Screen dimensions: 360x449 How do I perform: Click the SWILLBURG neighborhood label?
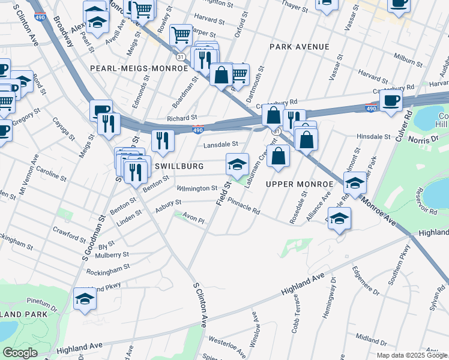[x=179, y=166]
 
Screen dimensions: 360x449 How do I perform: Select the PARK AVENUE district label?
[x=299, y=47]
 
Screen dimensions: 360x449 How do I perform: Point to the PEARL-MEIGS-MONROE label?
[x=139, y=68]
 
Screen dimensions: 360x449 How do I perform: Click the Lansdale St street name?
[x=221, y=144]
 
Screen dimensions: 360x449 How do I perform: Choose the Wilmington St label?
[x=197, y=188]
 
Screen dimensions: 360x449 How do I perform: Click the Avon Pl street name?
[x=194, y=220]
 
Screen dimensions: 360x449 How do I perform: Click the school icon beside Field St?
[x=237, y=164]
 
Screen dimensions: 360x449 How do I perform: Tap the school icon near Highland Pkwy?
[x=85, y=298]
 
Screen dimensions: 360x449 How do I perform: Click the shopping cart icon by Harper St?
[x=180, y=35]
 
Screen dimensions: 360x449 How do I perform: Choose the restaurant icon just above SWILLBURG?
[x=163, y=140]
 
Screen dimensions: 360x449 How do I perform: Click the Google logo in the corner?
[x=19, y=353]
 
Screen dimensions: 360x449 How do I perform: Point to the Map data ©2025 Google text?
[x=412, y=355]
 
